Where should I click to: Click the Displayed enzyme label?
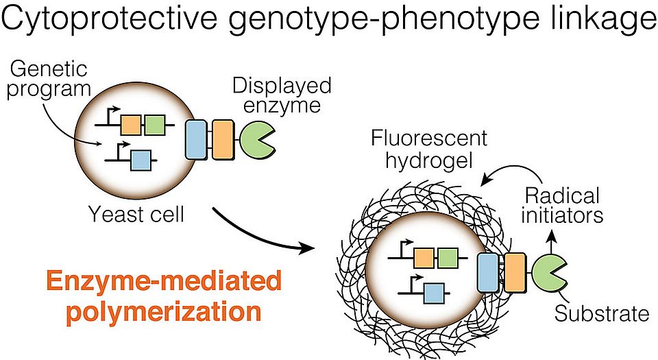point(281,96)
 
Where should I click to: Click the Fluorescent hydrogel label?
point(429,149)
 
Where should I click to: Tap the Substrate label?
point(601,314)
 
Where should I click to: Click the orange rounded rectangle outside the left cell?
point(223,140)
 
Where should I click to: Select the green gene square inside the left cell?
point(154,125)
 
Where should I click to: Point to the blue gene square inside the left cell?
point(141,160)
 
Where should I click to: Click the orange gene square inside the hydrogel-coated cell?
point(424,258)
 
